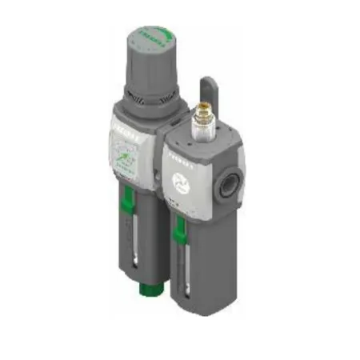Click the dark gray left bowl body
pyautogui.click(x=152, y=240)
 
